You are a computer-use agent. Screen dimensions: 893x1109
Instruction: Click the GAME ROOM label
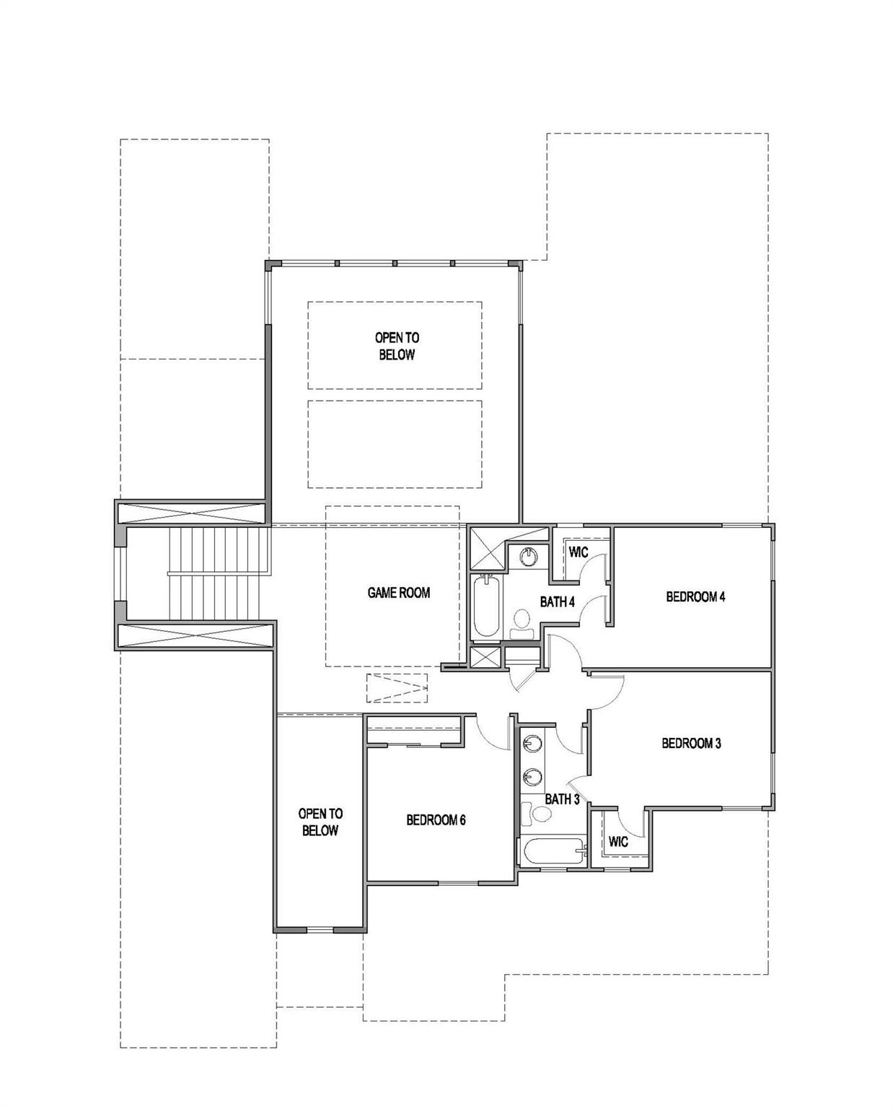coord(399,593)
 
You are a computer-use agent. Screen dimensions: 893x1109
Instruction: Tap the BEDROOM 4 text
coord(696,597)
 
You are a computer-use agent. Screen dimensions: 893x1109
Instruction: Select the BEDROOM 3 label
coord(691,743)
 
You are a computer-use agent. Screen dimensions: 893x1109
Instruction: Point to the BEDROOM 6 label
coord(436,820)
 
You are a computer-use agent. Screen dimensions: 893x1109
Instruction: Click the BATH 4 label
coord(558,601)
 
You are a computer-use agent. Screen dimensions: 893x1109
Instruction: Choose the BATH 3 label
coord(563,799)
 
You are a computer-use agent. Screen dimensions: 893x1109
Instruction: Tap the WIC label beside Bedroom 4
coord(579,552)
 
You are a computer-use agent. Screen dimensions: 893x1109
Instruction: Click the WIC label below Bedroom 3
coord(618,842)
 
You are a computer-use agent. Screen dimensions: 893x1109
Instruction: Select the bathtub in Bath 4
coord(486,607)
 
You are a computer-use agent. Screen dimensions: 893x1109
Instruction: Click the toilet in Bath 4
coord(522,624)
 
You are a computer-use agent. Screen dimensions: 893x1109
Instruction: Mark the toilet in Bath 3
coord(536,814)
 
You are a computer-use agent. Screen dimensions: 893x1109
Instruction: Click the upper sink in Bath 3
coord(532,744)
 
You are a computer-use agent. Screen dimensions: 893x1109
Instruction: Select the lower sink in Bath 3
coord(532,776)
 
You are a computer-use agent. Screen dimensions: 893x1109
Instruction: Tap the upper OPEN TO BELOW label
coord(397,346)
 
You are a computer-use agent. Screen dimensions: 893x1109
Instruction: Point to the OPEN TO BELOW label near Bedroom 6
coord(320,822)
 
